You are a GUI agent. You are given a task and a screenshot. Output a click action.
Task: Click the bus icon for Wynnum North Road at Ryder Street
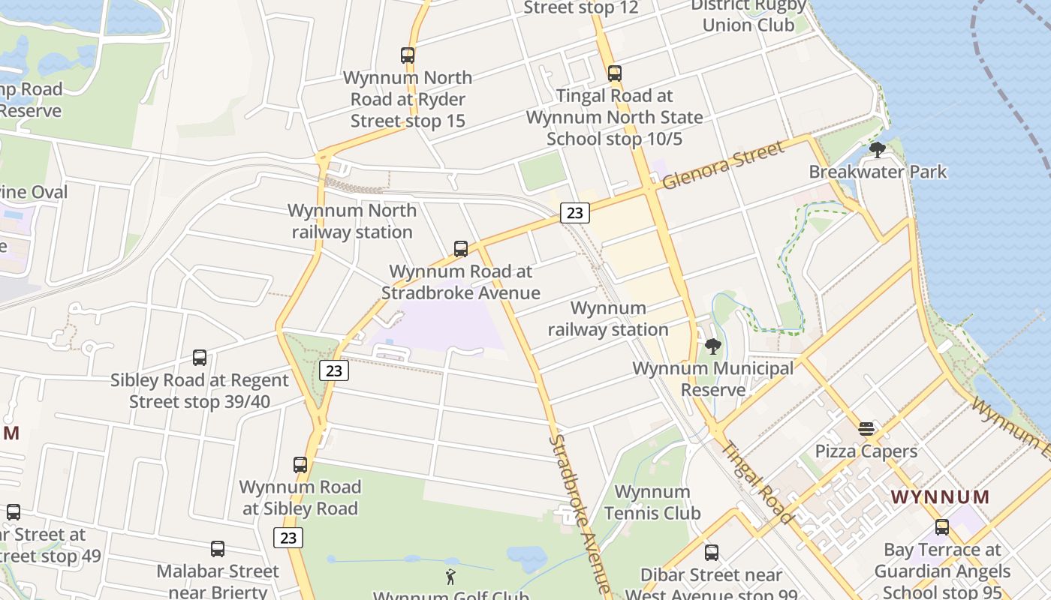click(x=408, y=55)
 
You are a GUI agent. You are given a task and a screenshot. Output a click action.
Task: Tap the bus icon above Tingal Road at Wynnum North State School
click(x=615, y=73)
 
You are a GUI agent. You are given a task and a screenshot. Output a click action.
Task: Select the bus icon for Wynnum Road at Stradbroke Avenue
click(x=461, y=249)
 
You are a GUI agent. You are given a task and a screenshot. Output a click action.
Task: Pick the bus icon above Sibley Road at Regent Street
click(x=200, y=358)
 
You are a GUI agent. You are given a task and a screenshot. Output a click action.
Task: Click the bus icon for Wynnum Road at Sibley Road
click(x=300, y=465)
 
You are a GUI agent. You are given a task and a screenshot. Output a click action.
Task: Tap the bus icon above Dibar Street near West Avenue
click(x=712, y=553)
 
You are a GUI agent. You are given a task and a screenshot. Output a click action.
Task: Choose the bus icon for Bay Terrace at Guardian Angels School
click(x=942, y=527)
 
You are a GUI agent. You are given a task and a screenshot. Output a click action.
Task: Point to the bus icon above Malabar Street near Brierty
click(x=218, y=549)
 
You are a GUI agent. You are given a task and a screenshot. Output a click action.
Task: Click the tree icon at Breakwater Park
click(x=877, y=150)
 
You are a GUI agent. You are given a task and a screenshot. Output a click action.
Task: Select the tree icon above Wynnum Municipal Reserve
click(x=713, y=346)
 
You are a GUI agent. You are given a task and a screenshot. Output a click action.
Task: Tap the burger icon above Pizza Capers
click(x=866, y=429)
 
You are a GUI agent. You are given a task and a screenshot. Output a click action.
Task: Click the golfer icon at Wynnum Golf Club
click(x=450, y=577)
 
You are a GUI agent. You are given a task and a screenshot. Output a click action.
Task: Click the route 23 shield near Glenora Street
click(x=574, y=213)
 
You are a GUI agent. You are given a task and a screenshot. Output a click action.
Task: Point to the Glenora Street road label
click(x=723, y=164)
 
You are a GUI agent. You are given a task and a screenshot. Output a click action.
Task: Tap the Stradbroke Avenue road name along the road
click(x=583, y=514)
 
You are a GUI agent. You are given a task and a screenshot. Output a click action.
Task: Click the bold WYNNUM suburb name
click(x=940, y=496)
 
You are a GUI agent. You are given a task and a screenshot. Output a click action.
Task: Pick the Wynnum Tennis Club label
click(x=652, y=502)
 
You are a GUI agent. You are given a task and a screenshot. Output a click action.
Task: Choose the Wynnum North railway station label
click(x=352, y=221)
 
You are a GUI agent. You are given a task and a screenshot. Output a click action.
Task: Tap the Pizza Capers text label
click(x=866, y=451)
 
